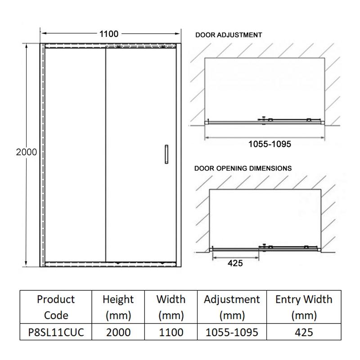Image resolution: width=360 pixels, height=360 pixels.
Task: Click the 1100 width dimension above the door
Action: pos(109,34)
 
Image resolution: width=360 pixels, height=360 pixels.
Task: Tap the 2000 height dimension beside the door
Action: pos(26,152)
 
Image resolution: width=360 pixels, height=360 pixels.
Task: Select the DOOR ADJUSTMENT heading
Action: pos(228,35)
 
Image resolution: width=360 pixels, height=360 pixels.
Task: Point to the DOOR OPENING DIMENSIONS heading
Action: pos(243,168)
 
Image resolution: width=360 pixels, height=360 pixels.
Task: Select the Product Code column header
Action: pos(56,306)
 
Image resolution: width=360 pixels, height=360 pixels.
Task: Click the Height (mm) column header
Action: pos(118,306)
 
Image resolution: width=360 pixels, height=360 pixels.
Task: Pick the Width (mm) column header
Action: pos(171,306)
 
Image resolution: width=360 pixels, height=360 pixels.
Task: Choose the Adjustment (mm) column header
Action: pos(232,306)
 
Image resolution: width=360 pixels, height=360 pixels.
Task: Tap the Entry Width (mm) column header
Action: pos(304,306)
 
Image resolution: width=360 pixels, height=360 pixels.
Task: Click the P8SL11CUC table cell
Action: pos(56,333)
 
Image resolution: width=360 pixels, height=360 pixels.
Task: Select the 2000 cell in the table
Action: pos(118,333)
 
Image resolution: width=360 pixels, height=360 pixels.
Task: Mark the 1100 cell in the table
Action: pos(171,333)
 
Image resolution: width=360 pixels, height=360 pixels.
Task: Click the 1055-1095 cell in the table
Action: pos(232,333)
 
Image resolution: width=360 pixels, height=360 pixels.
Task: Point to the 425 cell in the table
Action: pos(304,333)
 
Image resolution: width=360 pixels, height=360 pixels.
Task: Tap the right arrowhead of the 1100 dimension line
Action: pos(178,33)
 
